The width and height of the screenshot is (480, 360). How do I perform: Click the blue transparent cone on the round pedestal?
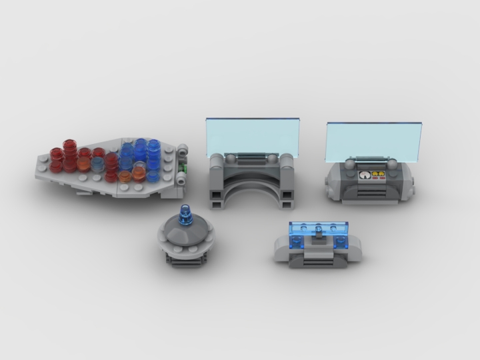click(x=184, y=215)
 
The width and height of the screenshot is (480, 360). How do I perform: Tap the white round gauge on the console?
click(x=363, y=176)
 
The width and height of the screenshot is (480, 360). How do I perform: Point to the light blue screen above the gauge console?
click(x=374, y=142)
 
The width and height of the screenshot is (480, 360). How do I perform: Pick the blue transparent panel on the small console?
click(x=319, y=231)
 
